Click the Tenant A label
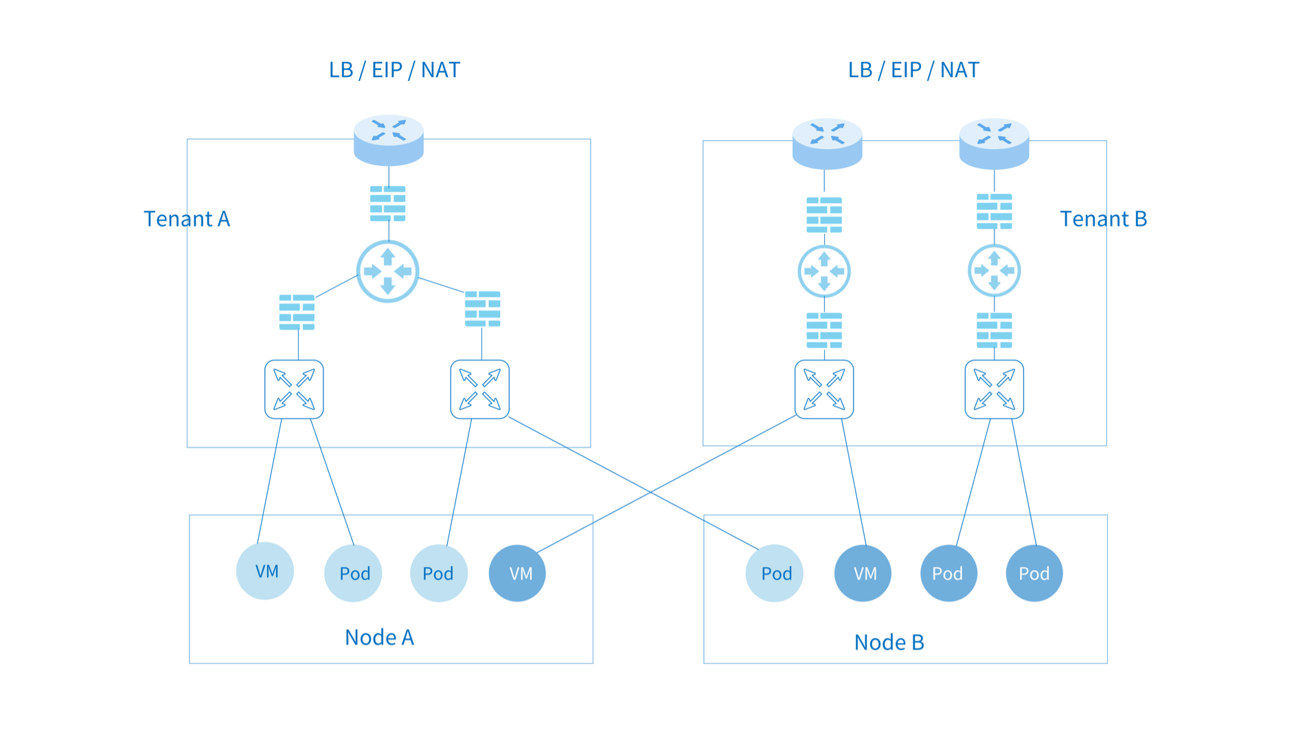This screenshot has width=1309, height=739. tap(186, 219)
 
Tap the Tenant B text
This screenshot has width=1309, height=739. tap(1103, 219)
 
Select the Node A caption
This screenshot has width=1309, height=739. tap(379, 637)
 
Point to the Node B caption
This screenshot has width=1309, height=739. tap(889, 642)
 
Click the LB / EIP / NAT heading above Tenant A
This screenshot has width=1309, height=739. tap(394, 70)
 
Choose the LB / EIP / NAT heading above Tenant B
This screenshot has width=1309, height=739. tap(913, 70)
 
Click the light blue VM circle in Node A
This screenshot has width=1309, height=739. tap(265, 571)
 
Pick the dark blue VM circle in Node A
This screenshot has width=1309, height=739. tap(517, 573)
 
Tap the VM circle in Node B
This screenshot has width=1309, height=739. tap(863, 573)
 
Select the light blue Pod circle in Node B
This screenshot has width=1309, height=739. tap(775, 573)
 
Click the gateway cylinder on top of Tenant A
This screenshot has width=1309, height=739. tap(389, 140)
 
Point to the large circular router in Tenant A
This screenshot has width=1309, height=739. tap(388, 271)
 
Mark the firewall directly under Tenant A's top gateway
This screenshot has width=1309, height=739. tap(388, 204)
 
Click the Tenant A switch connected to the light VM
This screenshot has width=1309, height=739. tap(294, 389)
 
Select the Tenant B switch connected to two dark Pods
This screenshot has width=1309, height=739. tap(994, 389)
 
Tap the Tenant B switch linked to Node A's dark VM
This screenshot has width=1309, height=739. tap(824, 389)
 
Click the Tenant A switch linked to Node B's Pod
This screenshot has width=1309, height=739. tap(480, 389)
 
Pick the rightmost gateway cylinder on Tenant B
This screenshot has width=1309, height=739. tap(994, 143)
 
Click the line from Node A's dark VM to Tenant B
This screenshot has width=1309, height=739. tap(666, 484)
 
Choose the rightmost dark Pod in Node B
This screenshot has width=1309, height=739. tap(1034, 573)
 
